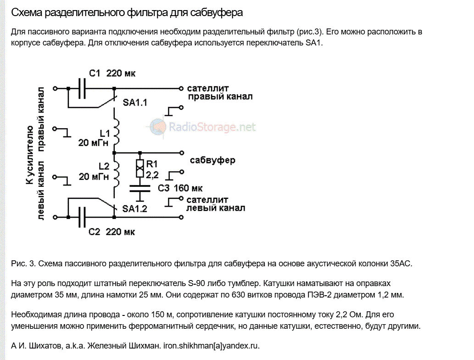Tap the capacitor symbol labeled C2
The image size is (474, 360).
83,217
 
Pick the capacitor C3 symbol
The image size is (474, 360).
139,188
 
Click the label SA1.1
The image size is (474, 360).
135,103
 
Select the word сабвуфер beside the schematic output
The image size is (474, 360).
212,160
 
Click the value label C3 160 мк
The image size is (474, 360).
180,188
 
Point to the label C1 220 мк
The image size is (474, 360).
112,73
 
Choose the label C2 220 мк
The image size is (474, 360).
112,232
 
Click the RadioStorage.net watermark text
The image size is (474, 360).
212,127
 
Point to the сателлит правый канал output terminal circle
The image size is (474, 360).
182,88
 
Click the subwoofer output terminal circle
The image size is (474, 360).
182,152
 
